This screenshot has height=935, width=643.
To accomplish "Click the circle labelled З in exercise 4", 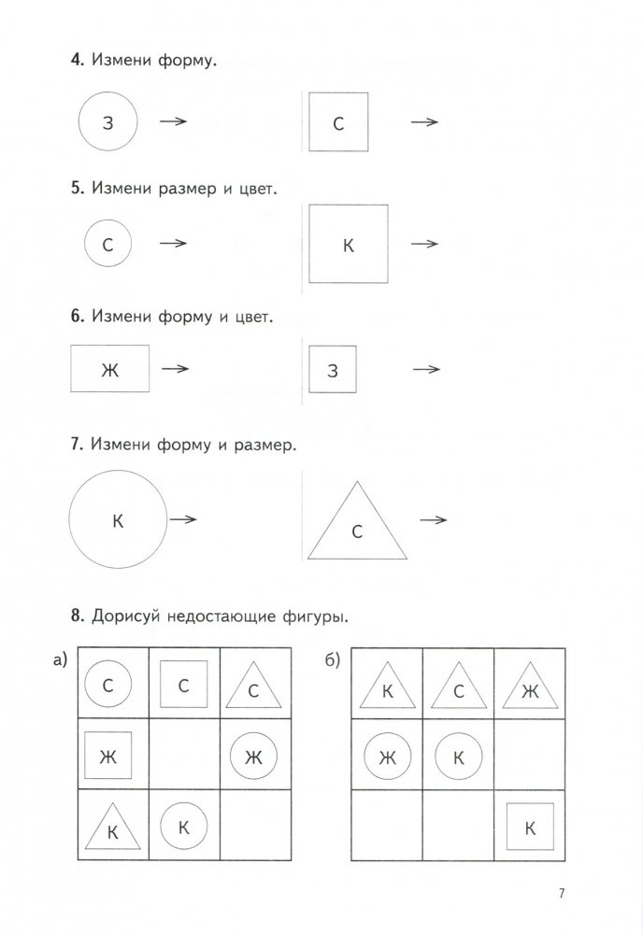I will (107, 122).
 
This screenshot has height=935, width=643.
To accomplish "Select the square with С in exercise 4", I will (338, 122).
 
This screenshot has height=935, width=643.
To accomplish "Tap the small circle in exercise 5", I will (108, 245).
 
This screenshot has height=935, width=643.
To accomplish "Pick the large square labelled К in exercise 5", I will (348, 245).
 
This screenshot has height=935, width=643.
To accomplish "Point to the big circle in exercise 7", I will (118, 519).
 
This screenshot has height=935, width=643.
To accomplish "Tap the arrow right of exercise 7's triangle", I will (432, 520).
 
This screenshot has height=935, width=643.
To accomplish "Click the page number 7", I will (562, 893).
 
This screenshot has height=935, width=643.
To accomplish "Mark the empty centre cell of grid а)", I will (184, 754).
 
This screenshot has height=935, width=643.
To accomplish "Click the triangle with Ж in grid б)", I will (529, 688).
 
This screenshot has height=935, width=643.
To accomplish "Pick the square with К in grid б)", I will (529, 825).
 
